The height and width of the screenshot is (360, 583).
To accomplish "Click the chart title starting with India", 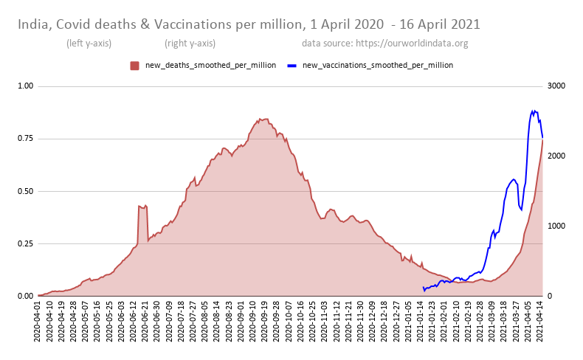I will [x=249, y=24].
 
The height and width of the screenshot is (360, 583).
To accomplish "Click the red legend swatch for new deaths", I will [x=134, y=66].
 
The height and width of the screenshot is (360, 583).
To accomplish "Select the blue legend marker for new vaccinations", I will [x=292, y=66].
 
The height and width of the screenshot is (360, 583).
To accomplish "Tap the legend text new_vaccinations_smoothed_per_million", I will [x=378, y=66].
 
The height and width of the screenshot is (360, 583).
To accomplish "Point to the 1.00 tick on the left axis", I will [x=25, y=86].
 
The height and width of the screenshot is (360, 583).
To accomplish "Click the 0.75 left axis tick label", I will [x=25, y=139].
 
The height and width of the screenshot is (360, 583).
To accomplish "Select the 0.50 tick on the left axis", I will [x=25, y=191].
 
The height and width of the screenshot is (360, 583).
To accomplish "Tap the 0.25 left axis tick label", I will [x=25, y=243].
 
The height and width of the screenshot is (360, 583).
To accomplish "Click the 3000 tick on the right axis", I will [x=556, y=86].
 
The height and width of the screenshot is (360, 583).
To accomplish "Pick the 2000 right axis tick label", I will [x=556, y=156].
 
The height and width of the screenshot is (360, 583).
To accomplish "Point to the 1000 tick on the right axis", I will [x=556, y=226].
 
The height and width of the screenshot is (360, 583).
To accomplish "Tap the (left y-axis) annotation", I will [x=89, y=44].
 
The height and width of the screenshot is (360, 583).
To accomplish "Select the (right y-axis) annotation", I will [x=190, y=44].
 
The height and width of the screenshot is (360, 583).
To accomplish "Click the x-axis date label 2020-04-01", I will [x=38, y=322].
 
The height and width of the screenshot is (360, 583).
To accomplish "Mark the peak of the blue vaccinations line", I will [x=533, y=111].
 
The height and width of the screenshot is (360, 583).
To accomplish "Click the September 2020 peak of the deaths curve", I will [x=259, y=119].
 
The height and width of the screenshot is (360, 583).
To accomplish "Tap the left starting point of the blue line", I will [x=423, y=288].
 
